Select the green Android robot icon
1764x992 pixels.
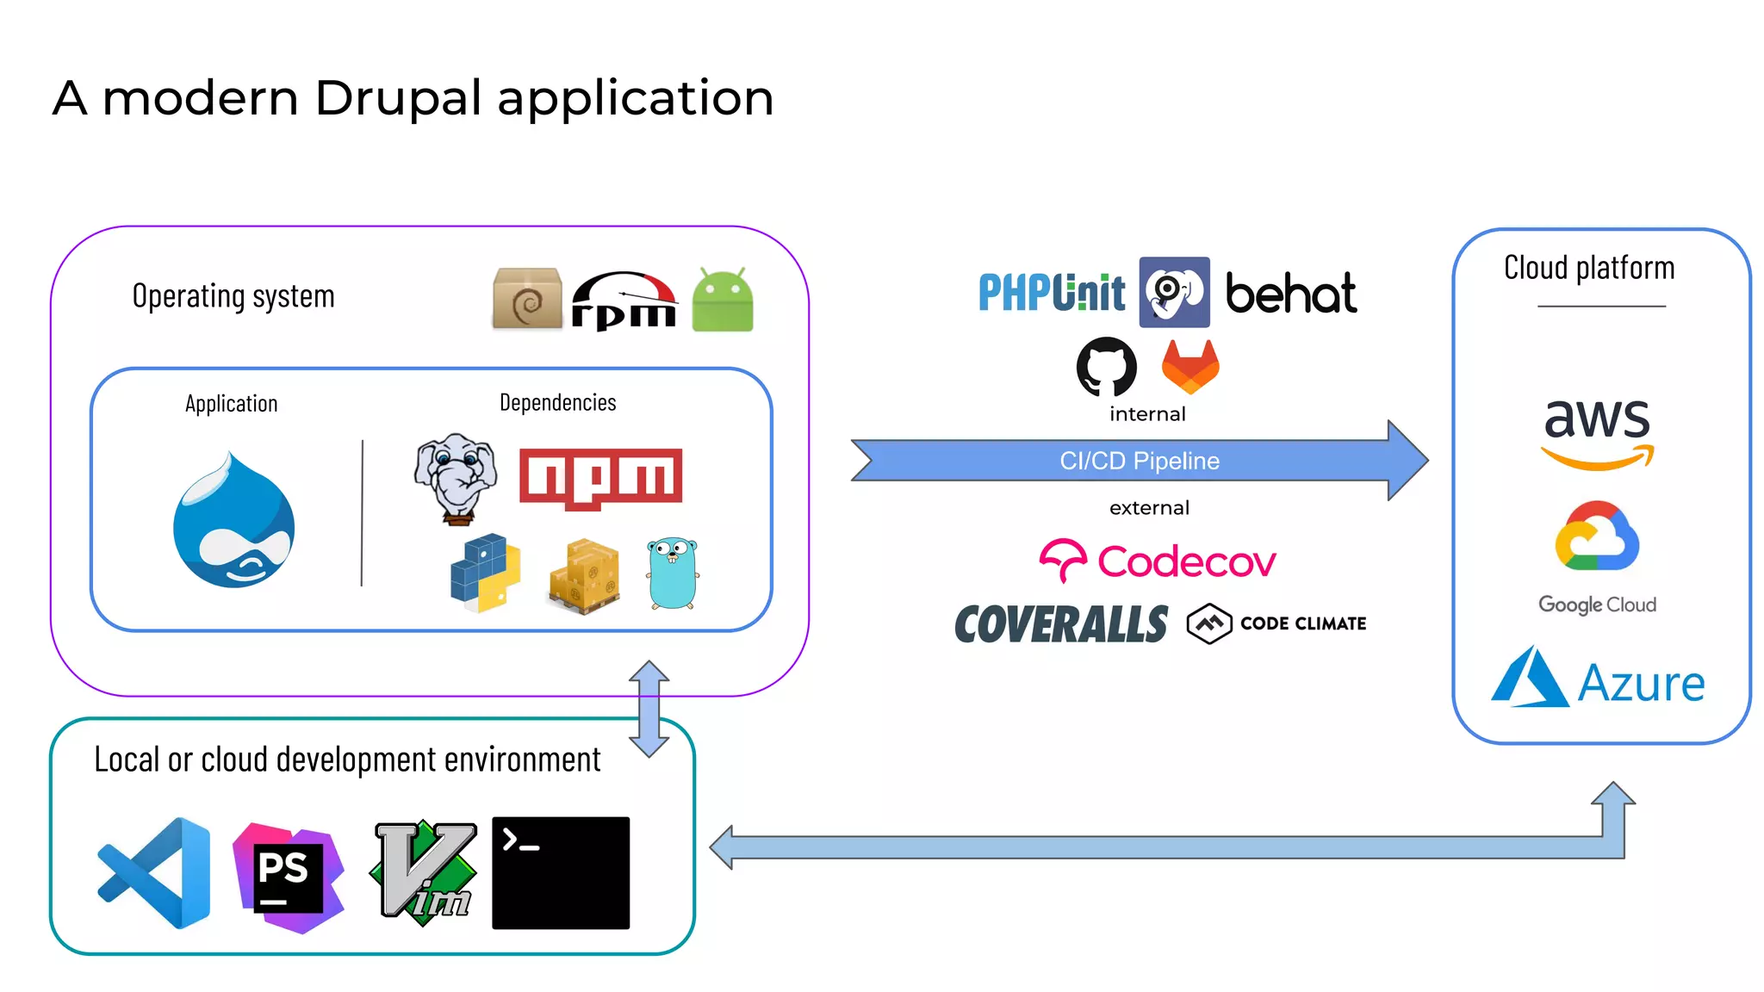[722, 301]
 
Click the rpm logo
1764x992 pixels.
[624, 302]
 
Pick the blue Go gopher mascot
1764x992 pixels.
[673, 573]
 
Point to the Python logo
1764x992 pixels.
[485, 573]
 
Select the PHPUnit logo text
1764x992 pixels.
[1051, 293]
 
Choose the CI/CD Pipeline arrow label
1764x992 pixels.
[1139, 461]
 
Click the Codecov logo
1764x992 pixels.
[1157, 561]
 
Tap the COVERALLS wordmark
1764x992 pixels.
[1061, 624]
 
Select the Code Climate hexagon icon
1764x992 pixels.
[1208, 623]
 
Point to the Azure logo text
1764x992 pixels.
[1640, 684]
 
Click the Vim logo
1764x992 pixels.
[424, 872]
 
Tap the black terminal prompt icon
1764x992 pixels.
[560, 872]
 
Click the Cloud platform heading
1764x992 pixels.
[1588, 268]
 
